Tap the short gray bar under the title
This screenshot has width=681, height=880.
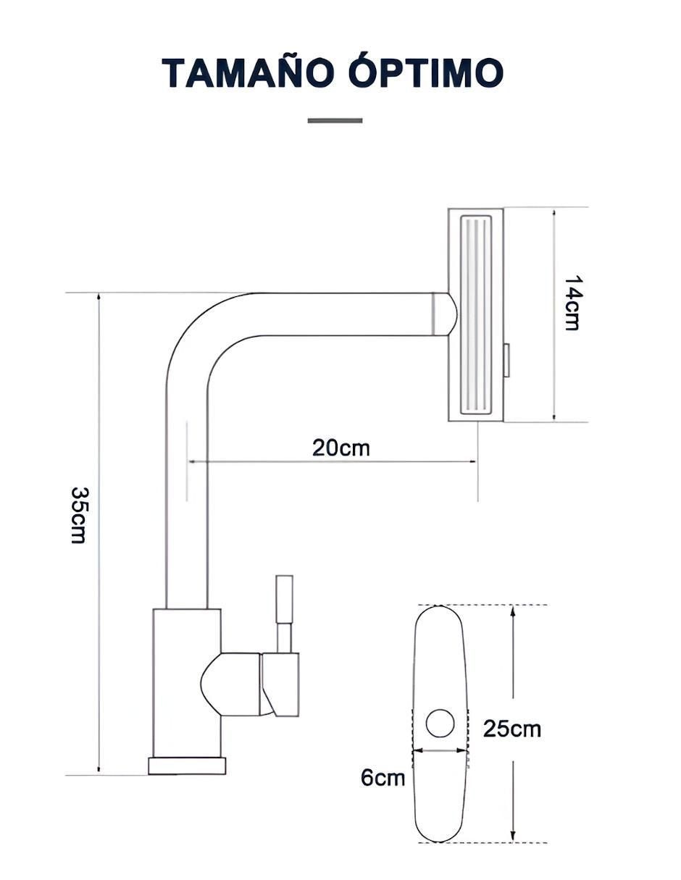tap(335, 120)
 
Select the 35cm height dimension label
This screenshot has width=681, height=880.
tap(78, 515)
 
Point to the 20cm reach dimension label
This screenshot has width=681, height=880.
tap(341, 448)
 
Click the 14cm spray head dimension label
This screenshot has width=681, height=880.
tap(572, 303)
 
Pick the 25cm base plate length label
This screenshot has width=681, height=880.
tap(511, 729)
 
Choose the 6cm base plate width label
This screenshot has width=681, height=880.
tap(383, 778)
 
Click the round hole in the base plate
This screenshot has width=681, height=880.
tap(440, 724)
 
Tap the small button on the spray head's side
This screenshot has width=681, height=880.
tap(506, 360)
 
